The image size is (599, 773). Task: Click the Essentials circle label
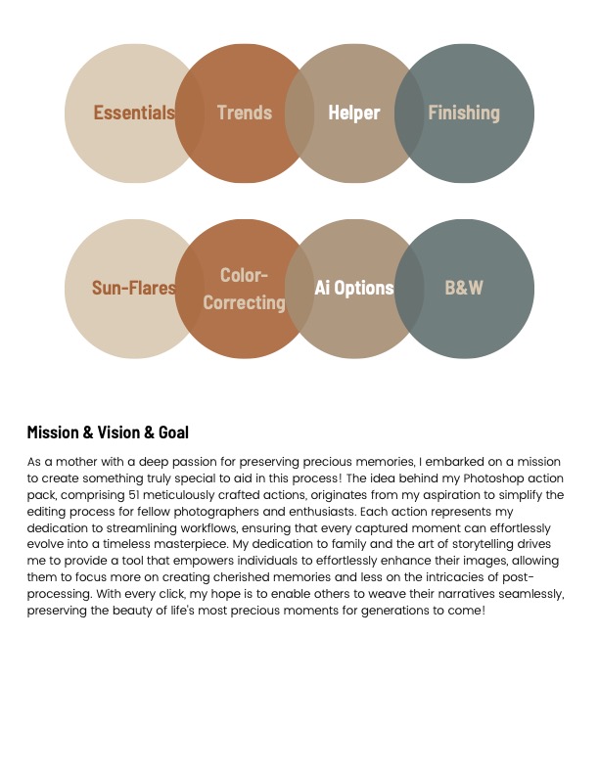(134, 113)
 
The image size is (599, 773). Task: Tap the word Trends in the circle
(245, 113)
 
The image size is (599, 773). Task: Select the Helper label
(354, 113)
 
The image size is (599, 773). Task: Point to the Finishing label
(464, 113)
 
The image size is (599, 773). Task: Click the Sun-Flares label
(134, 288)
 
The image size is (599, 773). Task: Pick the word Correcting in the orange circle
(244, 302)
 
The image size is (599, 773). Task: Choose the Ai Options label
(354, 288)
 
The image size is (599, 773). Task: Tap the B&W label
(464, 288)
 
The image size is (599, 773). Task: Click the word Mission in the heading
(53, 432)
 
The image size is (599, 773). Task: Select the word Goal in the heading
(173, 432)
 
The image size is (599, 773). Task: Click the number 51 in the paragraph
(134, 495)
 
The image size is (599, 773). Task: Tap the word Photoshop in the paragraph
(493, 478)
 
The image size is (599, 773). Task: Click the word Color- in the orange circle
(244, 275)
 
